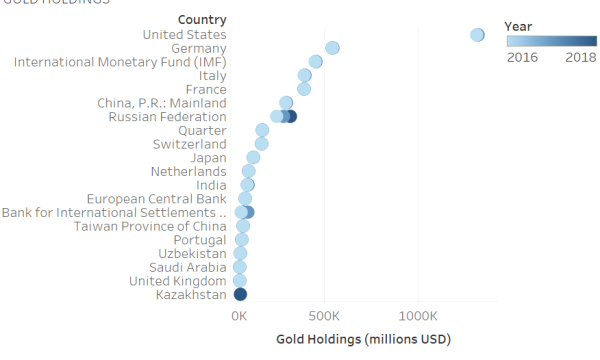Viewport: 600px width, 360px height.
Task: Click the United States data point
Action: click(x=477, y=35)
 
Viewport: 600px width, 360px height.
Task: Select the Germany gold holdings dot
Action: click(x=332, y=48)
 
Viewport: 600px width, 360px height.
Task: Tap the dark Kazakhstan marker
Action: click(x=240, y=294)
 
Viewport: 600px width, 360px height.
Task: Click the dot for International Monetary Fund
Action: click(x=316, y=62)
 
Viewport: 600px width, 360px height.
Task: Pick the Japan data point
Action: click(x=253, y=157)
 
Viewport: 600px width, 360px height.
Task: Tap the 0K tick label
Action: click(x=239, y=315)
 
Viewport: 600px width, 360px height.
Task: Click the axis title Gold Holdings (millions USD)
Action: click(x=363, y=339)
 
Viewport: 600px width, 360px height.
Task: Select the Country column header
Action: click(x=201, y=20)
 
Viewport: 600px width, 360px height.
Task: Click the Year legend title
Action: click(x=517, y=25)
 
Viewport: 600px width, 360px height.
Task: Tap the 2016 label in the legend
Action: click(x=522, y=58)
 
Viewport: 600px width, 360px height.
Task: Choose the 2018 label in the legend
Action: click(x=581, y=58)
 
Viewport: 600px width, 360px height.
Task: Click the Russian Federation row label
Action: click(x=167, y=117)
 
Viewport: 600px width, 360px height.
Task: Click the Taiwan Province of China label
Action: click(x=150, y=226)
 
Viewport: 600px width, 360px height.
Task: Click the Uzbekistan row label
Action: click(x=192, y=254)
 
